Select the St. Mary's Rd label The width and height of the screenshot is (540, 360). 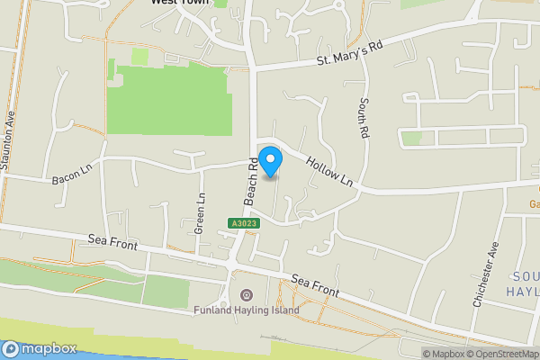[x=349, y=54]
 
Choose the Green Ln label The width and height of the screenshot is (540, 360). [x=202, y=211]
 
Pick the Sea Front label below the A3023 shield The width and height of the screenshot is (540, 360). [x=314, y=286]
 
